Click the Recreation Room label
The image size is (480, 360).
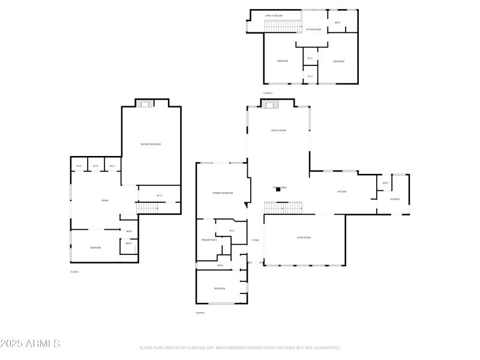pos(151,144)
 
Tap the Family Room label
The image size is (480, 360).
pos(278,130)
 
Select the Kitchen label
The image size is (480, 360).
pos(342,191)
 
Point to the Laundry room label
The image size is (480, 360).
pos(395,199)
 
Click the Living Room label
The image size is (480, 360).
pos(304,238)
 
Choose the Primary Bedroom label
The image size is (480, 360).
pos(222,193)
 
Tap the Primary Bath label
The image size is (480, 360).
pos(208,240)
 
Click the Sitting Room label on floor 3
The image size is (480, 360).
pos(314,29)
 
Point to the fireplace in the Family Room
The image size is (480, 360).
pos(270,104)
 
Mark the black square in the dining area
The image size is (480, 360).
pos(278,191)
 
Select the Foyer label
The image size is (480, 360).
pos(256,241)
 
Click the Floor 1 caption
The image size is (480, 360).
pos(75,272)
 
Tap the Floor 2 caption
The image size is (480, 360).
pos(200,313)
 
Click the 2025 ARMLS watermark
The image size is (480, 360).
pos(30,344)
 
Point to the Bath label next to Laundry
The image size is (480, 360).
pos(385,183)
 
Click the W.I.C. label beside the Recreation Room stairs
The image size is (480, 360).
pos(159,196)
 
